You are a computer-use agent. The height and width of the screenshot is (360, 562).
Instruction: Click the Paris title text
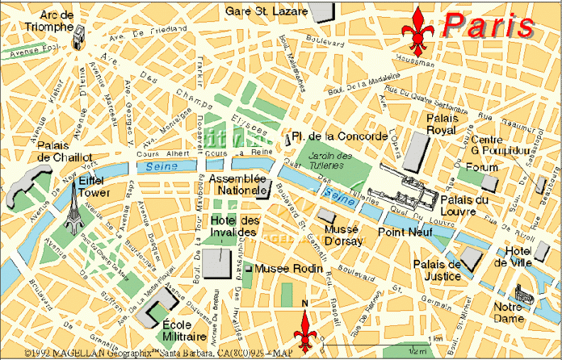pos(489,26)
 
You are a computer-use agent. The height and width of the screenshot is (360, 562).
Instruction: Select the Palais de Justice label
pos(437,271)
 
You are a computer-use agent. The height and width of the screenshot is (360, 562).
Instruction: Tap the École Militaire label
pos(184,330)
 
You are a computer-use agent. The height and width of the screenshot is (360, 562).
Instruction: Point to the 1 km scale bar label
pos(436,338)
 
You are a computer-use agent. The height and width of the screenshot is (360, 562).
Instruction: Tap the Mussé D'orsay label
pos(343,236)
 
